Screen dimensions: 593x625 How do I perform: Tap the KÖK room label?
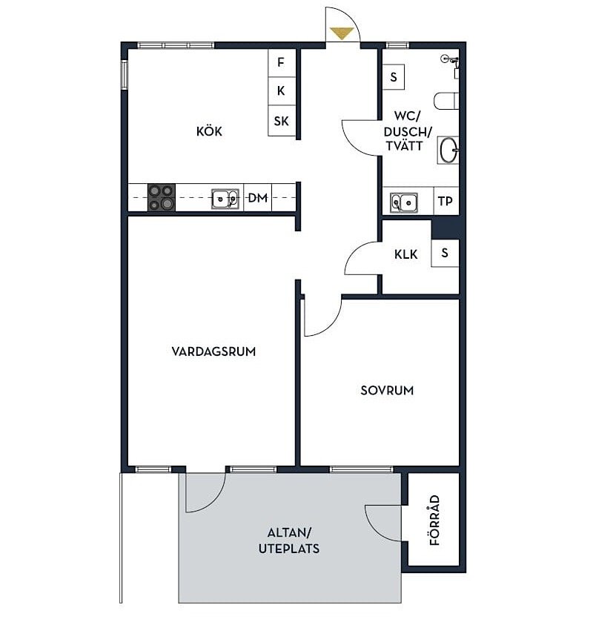[209, 130]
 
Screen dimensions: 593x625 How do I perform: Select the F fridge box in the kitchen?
[282, 62]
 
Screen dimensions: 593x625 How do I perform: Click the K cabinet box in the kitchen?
[282, 91]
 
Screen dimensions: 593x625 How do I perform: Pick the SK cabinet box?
[282, 121]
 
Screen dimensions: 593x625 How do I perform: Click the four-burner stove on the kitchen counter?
[162, 197]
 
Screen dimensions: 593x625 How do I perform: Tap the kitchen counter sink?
[225, 199]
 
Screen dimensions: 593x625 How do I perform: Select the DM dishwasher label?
[258, 198]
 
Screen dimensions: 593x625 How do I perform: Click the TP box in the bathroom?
[445, 202]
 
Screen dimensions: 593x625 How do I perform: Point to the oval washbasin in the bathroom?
[448, 151]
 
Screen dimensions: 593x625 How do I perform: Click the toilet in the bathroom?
[446, 101]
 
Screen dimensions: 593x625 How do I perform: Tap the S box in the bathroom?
[394, 77]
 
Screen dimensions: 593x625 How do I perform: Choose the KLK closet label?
[405, 254]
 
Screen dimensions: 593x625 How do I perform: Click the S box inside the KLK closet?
[445, 253]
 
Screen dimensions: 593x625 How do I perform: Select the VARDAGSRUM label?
[213, 351]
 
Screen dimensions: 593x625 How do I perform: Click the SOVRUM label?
[387, 390]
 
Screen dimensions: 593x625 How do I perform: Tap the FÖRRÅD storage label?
[434, 520]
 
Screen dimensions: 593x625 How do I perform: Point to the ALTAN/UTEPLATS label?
[289, 540]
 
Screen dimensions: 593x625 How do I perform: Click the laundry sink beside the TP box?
[404, 202]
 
